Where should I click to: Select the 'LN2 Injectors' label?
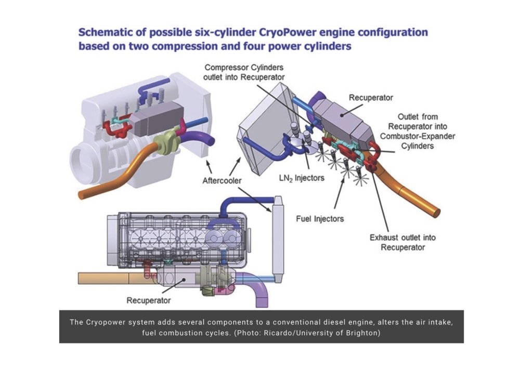point(301,178)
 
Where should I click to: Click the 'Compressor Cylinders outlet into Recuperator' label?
point(244,72)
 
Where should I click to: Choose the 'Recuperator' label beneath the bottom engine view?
point(149,300)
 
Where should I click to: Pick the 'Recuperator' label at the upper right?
point(371,97)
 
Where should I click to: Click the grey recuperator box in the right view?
point(341,117)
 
